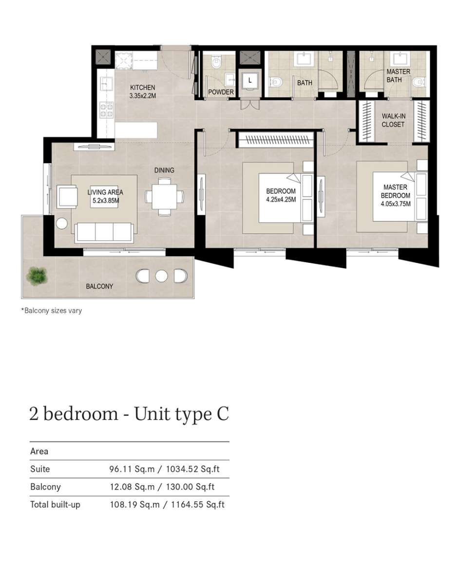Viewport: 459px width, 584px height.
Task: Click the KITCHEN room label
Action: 143,88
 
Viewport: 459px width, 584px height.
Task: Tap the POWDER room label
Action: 221,92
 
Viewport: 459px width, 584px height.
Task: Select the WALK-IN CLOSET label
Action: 393,120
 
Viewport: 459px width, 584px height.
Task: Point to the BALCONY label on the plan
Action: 99,287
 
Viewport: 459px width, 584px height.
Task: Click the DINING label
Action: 164,170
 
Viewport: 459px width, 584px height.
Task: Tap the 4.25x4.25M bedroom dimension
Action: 281,200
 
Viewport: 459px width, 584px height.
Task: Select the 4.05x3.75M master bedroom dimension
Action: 396,204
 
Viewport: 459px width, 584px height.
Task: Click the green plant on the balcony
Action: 37,276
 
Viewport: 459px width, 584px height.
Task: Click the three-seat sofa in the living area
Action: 104,233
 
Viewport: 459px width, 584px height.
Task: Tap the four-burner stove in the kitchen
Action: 107,111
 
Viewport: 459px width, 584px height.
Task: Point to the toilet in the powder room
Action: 216,63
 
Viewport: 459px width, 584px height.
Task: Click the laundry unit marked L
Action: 250,80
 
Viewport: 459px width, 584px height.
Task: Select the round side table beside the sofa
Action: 62,223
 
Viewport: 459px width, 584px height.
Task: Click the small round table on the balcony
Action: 161,276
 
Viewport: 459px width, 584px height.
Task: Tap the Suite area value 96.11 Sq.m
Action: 132,469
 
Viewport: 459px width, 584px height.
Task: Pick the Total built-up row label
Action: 55,505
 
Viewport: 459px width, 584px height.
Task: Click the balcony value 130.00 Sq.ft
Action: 190,487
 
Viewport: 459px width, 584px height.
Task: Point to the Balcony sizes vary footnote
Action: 51,310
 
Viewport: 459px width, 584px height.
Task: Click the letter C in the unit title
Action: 223,414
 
